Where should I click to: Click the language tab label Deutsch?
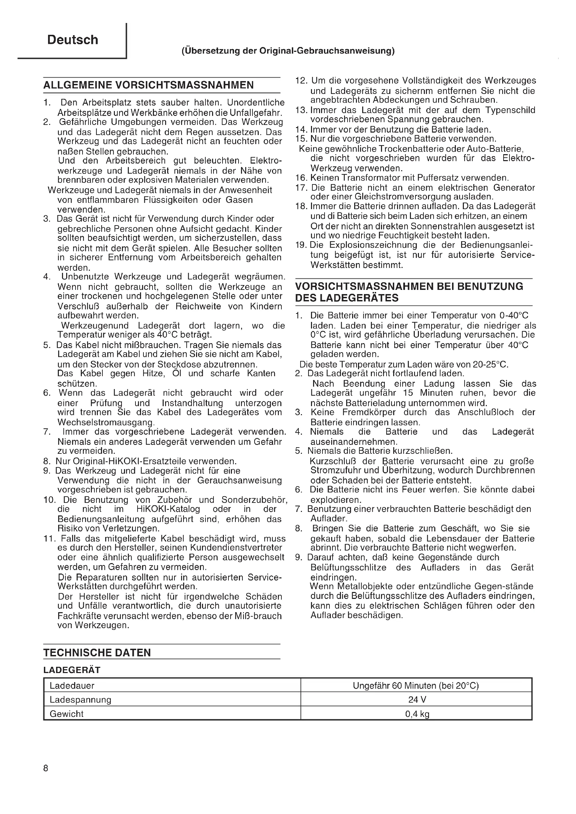73,40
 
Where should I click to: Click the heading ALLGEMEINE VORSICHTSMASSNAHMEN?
148,85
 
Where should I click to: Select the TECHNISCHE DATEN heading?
97,653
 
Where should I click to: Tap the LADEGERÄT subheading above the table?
72,670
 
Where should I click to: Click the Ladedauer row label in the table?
72,686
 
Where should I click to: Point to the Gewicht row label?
67,714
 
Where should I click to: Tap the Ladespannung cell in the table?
80,700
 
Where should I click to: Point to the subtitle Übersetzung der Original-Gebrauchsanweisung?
288,51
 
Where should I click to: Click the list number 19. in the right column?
302,245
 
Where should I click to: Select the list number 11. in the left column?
50,538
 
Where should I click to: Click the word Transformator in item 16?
361,177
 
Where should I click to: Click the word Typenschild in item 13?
511,110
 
